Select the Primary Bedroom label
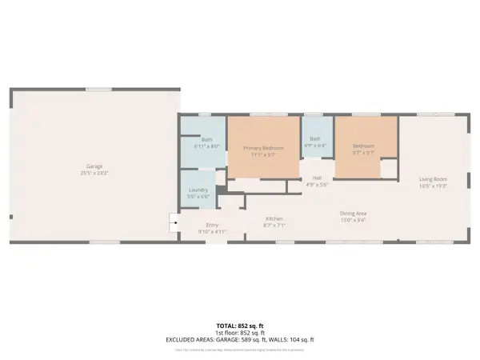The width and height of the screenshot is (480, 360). pyautogui.click(x=263, y=148)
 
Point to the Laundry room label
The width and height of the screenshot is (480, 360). pyautogui.click(x=198, y=190)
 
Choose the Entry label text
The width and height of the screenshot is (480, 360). pyautogui.click(x=212, y=226)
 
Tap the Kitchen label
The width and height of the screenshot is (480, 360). pyautogui.click(x=274, y=218)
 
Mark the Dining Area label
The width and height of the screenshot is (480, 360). pyautogui.click(x=353, y=213)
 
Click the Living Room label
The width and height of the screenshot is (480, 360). pyautogui.click(x=433, y=179)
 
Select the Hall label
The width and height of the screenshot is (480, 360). pyautogui.click(x=317, y=178)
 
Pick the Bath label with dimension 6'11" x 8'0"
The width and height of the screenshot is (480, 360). pyautogui.click(x=206, y=141)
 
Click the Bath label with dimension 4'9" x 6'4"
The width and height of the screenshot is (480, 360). pyautogui.click(x=315, y=139)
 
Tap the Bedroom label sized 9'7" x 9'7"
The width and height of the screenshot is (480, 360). pyautogui.click(x=365, y=146)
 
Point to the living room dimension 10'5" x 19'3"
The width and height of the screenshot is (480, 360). pyautogui.click(x=433, y=186)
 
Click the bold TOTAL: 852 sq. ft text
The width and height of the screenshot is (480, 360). pyautogui.click(x=240, y=325)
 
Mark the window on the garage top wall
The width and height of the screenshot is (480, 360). pyautogui.click(x=98, y=89)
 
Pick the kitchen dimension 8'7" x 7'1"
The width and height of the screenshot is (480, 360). pyautogui.click(x=274, y=226)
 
